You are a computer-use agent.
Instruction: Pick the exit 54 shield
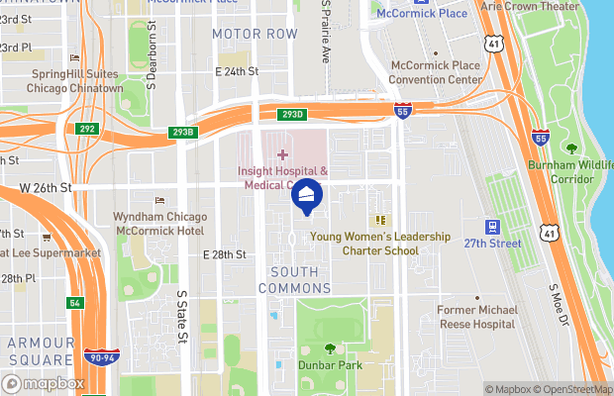coord(74,302)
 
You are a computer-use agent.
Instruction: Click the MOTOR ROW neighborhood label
coord(255,34)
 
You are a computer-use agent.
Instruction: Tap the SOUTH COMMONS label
coord(294,279)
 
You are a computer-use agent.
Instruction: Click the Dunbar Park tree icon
coord(330,347)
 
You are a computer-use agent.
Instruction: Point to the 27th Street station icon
coord(491,227)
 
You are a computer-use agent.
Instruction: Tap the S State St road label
coord(182,316)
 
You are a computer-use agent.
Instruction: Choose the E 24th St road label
coord(237,71)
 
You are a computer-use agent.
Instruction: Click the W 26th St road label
coord(46,187)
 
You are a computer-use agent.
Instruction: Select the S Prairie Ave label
coord(325,32)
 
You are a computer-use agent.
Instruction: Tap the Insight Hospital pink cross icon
coord(282,154)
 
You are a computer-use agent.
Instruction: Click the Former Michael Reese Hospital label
coord(478,317)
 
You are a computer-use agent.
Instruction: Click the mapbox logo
coord(45,383)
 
